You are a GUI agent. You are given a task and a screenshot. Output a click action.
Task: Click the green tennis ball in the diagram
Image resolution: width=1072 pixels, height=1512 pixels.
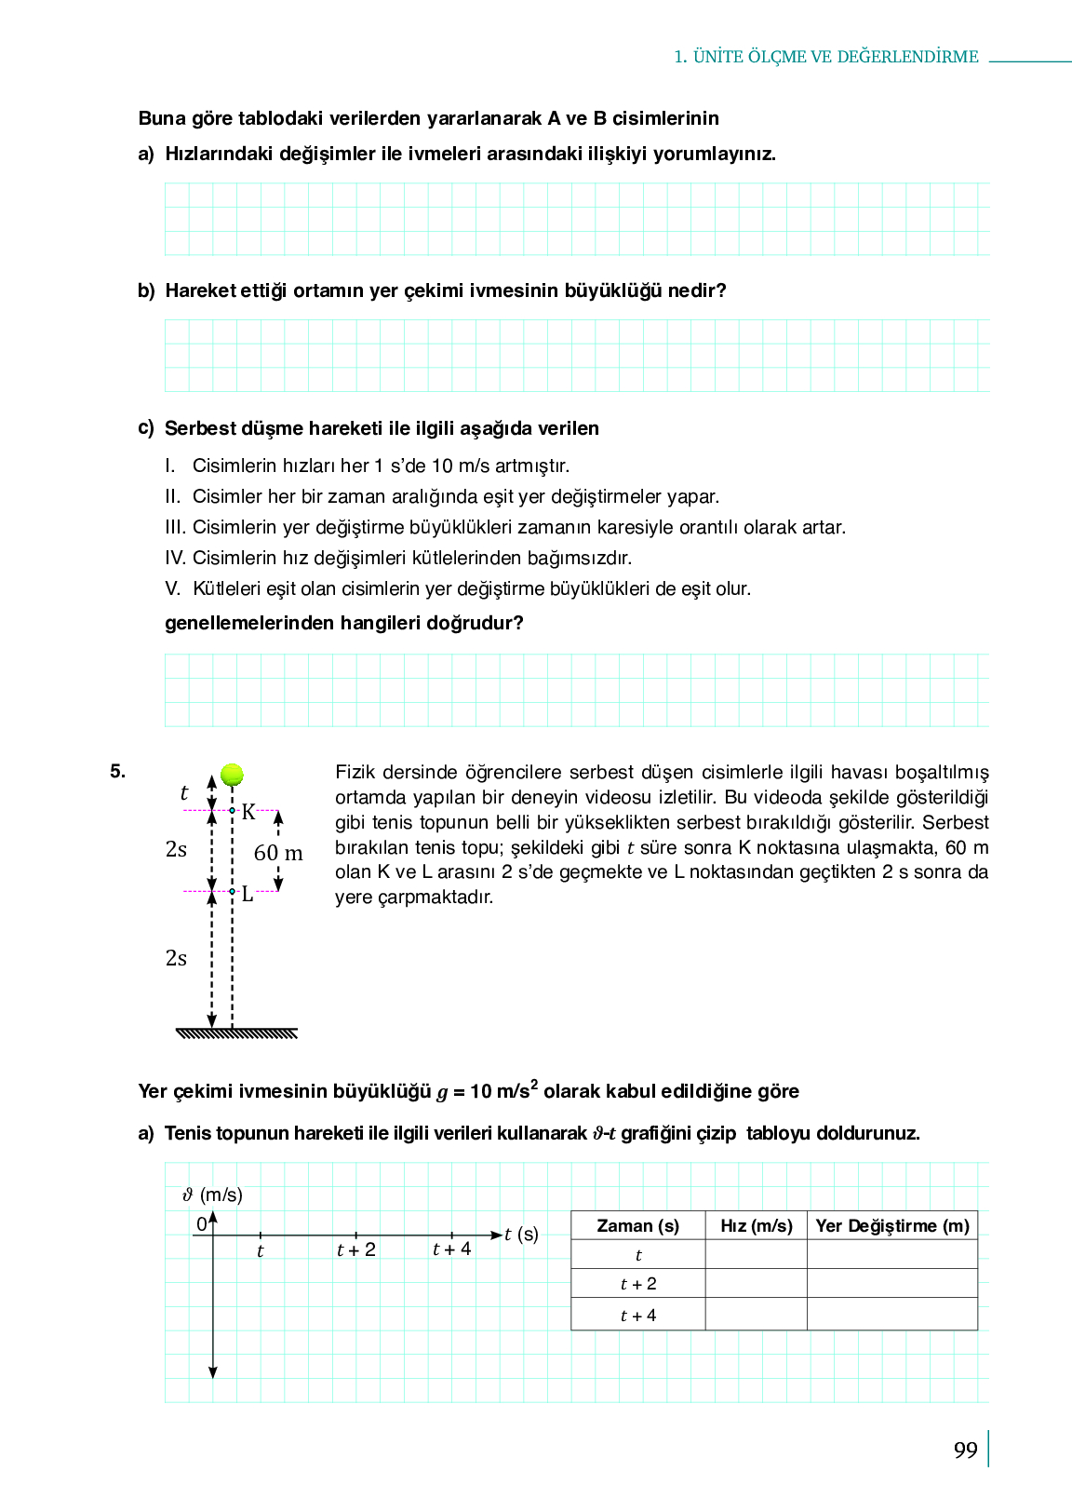point(232,775)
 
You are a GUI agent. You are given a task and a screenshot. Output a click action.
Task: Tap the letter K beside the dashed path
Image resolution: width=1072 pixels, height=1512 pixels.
point(248,812)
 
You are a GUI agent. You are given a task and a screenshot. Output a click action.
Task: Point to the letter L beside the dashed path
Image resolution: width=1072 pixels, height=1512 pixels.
point(248,895)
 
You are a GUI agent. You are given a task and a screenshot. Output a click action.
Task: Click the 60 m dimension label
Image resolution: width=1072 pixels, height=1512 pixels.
point(278,853)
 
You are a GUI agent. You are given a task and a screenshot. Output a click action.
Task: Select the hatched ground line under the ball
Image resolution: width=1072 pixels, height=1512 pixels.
point(236,1033)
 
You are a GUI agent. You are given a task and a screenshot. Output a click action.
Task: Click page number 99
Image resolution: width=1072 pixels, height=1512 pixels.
point(966,1451)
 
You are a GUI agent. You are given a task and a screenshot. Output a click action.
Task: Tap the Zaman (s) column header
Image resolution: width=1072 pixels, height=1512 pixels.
point(637,1226)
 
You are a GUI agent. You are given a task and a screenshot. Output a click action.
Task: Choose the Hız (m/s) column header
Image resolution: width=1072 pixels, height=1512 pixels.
point(757,1226)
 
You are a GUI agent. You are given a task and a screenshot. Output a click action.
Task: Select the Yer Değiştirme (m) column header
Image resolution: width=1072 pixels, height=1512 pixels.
point(892,1226)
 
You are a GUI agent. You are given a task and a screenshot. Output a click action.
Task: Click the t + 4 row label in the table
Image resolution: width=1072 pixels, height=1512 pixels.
point(638,1316)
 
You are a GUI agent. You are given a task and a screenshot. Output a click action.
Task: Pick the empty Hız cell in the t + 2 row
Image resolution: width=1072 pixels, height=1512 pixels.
point(757,1284)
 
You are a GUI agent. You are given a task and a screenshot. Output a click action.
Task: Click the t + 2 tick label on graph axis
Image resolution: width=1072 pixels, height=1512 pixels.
point(356,1250)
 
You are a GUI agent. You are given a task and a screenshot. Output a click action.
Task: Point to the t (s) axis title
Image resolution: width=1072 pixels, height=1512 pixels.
point(521,1235)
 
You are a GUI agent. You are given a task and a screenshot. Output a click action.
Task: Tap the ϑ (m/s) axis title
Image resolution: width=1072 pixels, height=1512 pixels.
point(213,1195)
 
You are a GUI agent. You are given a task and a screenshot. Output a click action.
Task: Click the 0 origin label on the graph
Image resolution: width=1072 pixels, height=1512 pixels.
point(201,1224)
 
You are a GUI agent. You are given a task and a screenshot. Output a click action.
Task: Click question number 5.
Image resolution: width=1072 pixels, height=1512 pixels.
point(117,771)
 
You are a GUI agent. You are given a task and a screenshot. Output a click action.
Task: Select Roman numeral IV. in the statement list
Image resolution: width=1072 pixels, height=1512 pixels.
point(176,559)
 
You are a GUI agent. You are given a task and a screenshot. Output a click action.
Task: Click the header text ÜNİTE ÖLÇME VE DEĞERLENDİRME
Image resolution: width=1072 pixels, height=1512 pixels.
point(836,57)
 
